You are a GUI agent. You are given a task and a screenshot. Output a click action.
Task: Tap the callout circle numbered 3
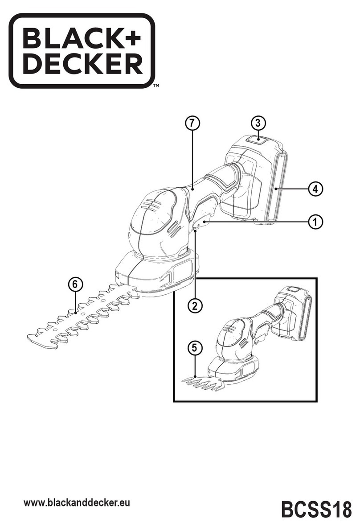pos(258,122)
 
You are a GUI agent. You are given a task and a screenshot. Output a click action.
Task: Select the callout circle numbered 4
pos(315,189)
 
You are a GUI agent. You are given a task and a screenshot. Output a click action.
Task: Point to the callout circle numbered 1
pos(315,221)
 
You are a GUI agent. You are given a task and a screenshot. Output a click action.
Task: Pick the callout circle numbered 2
pos(194,305)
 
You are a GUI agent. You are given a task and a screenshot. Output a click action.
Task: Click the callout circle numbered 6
pos(75,284)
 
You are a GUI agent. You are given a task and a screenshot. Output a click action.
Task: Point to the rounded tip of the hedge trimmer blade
pos(36,339)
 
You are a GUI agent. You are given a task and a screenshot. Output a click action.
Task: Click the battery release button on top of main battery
pos(258,140)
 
